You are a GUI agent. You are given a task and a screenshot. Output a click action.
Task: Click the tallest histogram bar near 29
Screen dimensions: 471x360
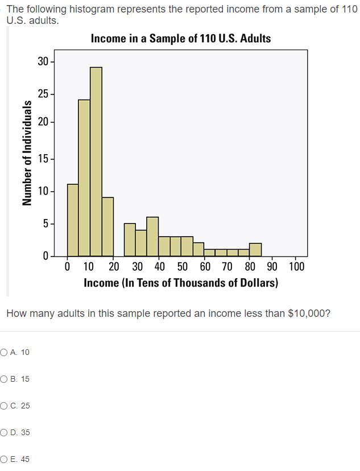click(x=96, y=162)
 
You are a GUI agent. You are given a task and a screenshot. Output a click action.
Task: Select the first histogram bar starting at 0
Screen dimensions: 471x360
click(x=73, y=220)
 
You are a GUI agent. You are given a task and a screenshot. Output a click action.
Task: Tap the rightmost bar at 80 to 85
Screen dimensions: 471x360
click(x=255, y=250)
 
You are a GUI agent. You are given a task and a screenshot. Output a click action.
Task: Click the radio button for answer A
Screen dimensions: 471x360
click(x=5, y=352)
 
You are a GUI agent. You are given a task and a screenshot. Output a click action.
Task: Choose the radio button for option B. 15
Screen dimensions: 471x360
click(x=5, y=379)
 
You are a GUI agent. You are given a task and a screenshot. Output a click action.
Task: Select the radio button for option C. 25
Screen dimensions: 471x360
click(x=5, y=406)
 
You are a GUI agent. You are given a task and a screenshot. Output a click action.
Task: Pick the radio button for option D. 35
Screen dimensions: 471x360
click(x=5, y=432)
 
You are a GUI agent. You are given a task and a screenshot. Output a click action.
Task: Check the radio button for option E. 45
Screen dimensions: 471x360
click(x=5, y=459)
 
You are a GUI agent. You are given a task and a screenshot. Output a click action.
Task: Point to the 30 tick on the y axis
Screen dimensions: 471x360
click(x=43, y=61)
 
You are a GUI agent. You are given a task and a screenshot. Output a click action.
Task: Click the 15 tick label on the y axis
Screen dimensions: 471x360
click(x=43, y=159)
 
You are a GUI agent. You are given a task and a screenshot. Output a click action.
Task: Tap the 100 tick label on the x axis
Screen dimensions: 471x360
click(x=296, y=266)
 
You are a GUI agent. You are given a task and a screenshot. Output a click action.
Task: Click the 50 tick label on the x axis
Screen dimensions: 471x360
click(x=182, y=266)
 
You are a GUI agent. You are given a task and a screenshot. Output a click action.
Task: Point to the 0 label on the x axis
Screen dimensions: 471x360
click(x=68, y=266)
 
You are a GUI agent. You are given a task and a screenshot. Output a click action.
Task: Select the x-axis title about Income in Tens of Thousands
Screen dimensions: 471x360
click(x=181, y=283)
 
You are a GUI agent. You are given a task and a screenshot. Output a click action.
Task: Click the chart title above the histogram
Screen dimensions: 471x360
click(x=181, y=39)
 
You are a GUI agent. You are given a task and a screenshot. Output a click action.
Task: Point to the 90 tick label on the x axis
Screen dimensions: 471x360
click(x=273, y=266)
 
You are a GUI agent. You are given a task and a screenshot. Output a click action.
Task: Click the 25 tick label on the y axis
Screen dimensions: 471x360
click(x=43, y=94)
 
